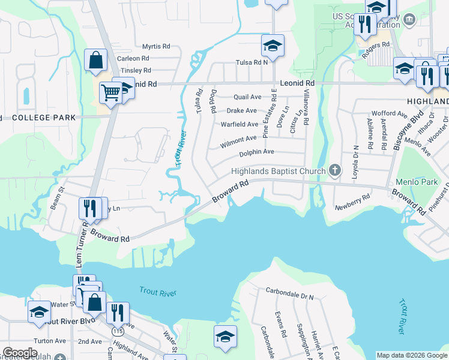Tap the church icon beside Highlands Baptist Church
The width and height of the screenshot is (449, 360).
pyautogui.click(x=335, y=172)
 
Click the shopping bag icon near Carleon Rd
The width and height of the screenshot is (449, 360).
pyautogui.click(x=95, y=61)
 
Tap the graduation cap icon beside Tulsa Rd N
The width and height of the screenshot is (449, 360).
pyautogui.click(x=273, y=46)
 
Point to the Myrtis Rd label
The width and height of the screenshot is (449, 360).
pyautogui.click(x=156, y=46)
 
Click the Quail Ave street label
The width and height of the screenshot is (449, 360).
pyautogui.click(x=247, y=97)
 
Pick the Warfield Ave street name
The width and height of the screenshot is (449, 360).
pyautogui.click(x=240, y=124)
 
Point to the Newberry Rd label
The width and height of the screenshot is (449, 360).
pyautogui.click(x=353, y=202)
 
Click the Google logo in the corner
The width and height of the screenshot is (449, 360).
pyautogui.click(x=20, y=353)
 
